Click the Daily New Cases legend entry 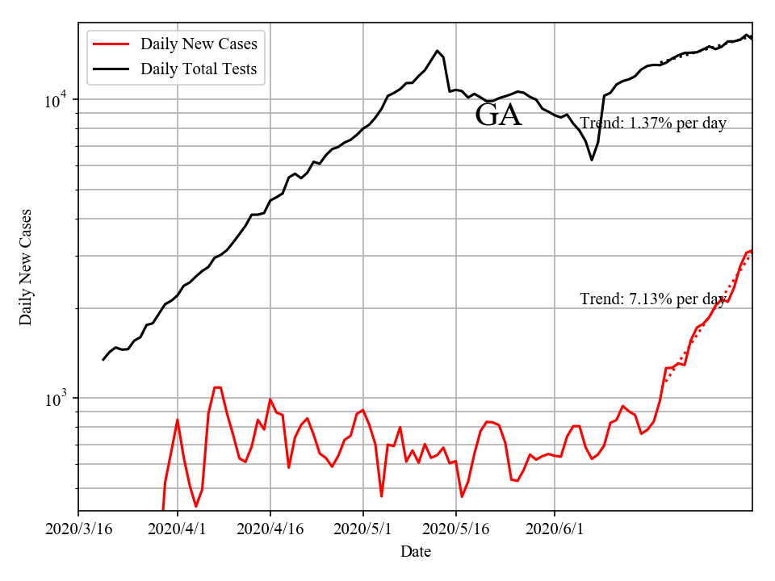coord(199,44)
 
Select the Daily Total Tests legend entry coord(199,69)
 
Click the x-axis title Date coord(415,552)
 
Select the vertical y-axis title coord(26,266)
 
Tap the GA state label coord(498,115)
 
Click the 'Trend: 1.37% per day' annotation coord(653,123)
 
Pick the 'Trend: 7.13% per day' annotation coord(653,299)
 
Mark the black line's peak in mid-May coord(437,51)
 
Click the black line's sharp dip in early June coord(592,160)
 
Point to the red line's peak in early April coord(217,387)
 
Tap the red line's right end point coord(752,250)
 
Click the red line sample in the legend coord(111,44)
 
